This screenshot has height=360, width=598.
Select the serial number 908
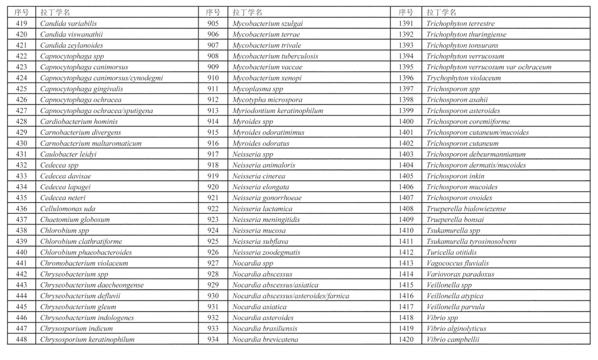click(213, 56)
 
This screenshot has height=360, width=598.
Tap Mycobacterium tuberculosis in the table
click(275, 56)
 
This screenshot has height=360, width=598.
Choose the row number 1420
click(406, 340)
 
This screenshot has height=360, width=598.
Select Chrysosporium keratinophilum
click(88, 340)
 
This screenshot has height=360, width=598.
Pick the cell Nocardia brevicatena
click(265, 340)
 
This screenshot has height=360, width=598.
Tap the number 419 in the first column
click(22, 24)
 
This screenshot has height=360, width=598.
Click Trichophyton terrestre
click(461, 24)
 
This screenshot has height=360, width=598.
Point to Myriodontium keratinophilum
click(277, 110)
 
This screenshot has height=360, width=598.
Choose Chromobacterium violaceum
click(84, 263)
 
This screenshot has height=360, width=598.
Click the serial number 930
click(213, 296)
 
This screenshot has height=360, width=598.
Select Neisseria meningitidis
click(266, 219)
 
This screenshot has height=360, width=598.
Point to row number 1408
click(406, 209)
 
